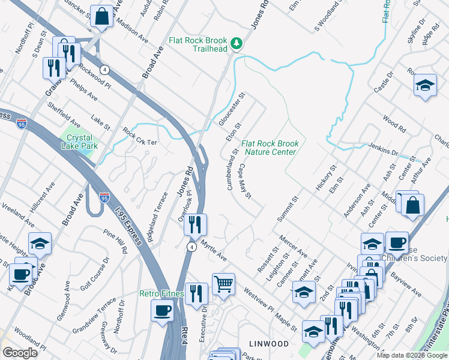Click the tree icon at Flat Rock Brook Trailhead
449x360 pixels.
pos(237,43)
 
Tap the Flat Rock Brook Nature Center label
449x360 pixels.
pos(270,148)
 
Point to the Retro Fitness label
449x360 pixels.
pos(161,293)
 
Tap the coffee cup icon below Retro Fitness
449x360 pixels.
pos(162,311)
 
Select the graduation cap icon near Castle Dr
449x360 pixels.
pos(425,85)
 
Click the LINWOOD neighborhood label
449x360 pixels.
pos(269,343)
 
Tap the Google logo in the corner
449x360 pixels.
pos(20,353)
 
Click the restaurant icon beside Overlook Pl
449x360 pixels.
pos(195,225)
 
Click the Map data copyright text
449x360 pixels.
pos(412,355)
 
